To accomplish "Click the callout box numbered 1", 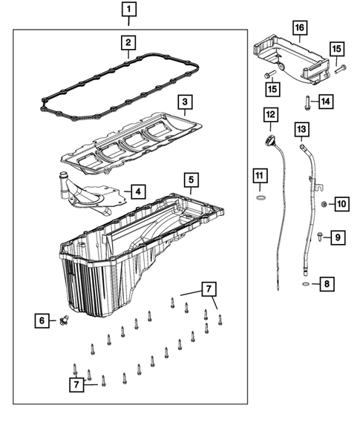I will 130,10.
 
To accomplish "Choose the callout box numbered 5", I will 190,180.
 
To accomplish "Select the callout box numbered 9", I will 336,237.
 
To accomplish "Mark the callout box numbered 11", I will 258,176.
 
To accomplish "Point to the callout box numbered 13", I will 301,130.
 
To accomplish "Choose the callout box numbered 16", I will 300,29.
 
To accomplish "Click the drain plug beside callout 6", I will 65,321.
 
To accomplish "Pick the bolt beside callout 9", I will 318,237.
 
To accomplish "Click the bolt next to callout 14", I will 306,100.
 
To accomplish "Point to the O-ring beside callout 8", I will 305,283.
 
